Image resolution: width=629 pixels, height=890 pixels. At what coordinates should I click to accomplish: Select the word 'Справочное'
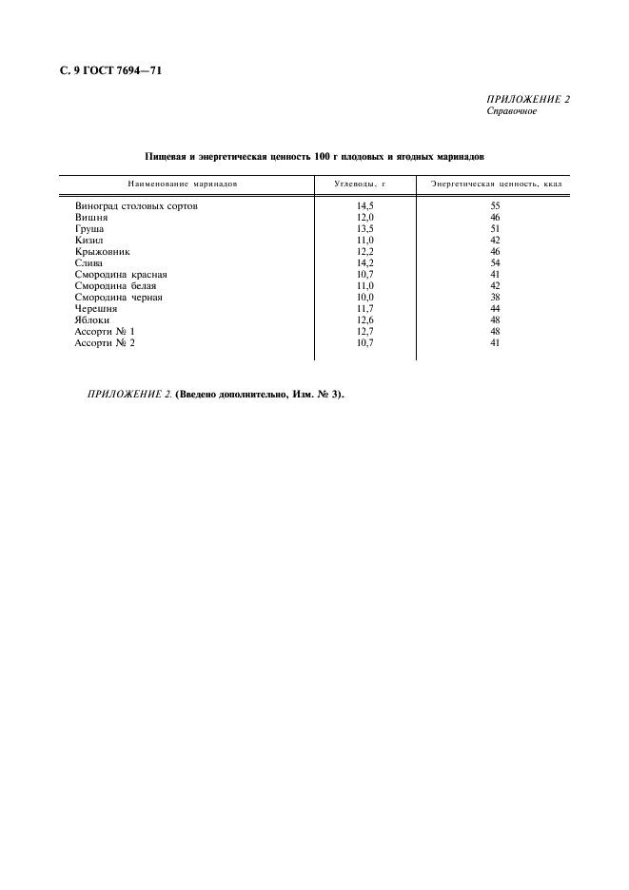[511, 111]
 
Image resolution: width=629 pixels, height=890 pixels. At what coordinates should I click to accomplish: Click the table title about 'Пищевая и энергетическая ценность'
[314, 155]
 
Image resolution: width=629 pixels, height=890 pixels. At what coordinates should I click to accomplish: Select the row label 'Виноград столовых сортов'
[136, 205]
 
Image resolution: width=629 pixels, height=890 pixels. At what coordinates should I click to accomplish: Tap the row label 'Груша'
[89, 229]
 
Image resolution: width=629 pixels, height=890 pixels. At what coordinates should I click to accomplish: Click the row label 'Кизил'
[88, 241]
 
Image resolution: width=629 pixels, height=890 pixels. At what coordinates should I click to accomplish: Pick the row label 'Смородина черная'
[118, 298]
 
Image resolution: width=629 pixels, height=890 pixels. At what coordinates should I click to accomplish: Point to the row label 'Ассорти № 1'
[105, 332]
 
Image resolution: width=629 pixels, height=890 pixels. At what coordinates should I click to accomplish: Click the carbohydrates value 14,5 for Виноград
[365, 205]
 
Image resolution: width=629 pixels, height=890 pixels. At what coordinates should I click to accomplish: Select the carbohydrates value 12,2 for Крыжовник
[365, 252]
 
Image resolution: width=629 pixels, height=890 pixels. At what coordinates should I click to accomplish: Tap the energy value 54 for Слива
[495, 263]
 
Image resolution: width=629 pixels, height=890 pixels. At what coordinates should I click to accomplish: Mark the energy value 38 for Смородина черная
[495, 298]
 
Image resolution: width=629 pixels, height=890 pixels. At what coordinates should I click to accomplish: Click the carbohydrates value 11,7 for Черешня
[365, 309]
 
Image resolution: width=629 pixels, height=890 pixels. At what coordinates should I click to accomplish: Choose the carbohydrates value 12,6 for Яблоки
[365, 320]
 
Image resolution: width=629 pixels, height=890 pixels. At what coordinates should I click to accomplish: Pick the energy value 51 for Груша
[495, 229]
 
